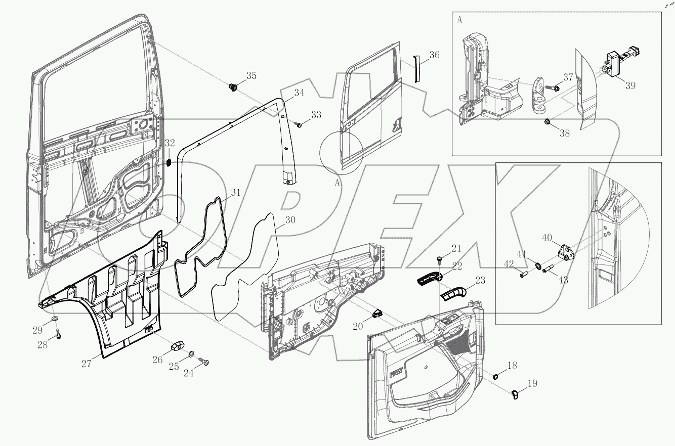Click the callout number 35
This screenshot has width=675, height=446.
251,76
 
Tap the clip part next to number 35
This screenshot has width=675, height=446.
233,87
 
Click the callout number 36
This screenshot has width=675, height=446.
435,55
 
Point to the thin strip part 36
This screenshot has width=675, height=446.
416,68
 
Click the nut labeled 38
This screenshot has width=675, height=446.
549,122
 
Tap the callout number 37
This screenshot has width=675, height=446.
568,77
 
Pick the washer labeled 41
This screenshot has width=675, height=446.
535,265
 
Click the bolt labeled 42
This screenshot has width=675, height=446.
524,274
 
